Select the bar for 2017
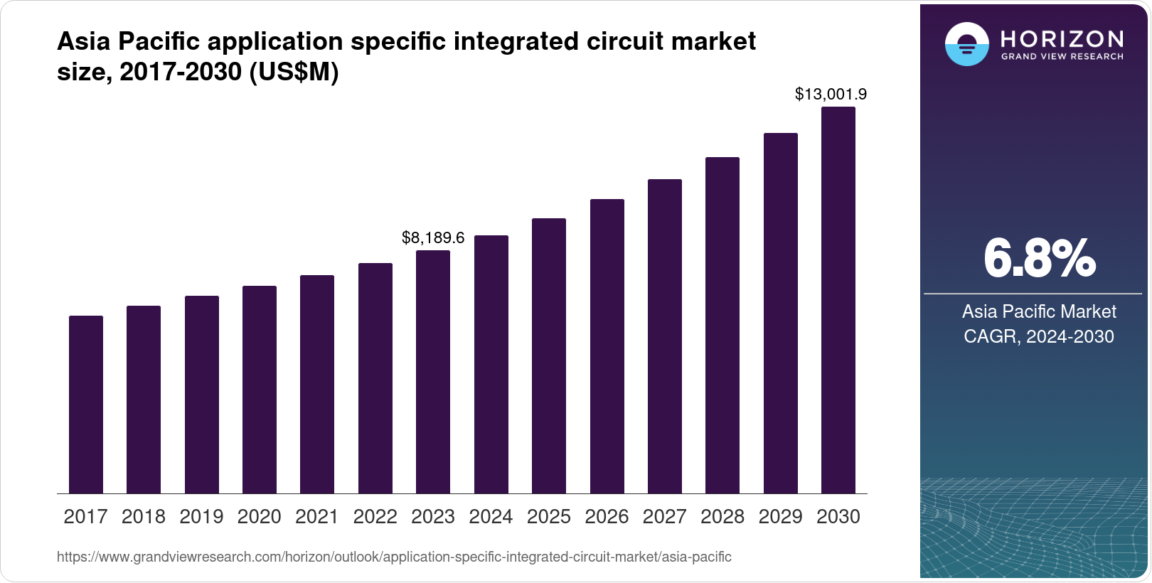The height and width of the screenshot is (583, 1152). [x=86, y=405]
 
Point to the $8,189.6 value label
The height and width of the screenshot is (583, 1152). [x=433, y=237]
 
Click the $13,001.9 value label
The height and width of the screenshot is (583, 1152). [x=831, y=94]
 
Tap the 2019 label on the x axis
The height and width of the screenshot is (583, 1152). [x=201, y=517]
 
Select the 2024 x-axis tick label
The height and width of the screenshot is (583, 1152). [x=491, y=517]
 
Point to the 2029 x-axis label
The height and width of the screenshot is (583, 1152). [x=780, y=517]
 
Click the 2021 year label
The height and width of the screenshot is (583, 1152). [x=317, y=517]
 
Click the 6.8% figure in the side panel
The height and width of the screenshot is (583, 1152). [x=1039, y=259]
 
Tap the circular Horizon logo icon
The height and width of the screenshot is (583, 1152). [x=966, y=44]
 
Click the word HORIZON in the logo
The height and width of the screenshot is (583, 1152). [x=1062, y=38]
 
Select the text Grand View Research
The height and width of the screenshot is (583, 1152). [x=1062, y=56]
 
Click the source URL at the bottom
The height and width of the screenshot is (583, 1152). [x=394, y=557]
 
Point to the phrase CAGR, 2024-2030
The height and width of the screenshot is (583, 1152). [x=1038, y=336]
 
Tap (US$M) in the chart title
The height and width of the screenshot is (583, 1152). [x=294, y=72]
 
